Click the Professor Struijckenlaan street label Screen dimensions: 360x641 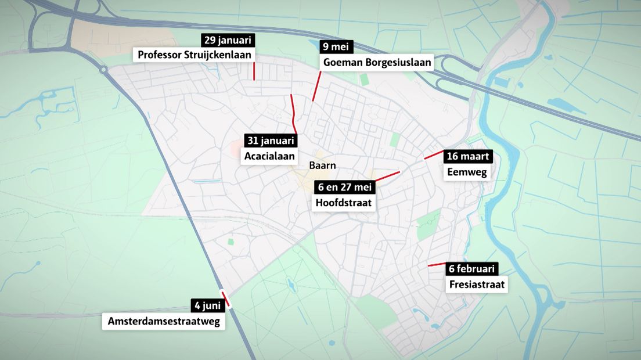(x=195, y=55)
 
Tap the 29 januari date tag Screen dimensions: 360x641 (x=228, y=40)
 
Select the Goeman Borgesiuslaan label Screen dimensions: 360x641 (x=377, y=62)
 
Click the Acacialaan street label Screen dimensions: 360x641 (x=269, y=156)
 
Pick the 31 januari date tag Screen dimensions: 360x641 (x=270, y=141)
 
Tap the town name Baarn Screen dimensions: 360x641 (x=322, y=165)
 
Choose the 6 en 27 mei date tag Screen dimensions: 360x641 (x=345, y=187)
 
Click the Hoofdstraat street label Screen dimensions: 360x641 (x=343, y=203)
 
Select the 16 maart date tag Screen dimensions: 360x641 (x=469, y=156)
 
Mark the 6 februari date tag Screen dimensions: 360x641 (x=471, y=269)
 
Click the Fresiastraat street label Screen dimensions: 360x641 (x=477, y=285)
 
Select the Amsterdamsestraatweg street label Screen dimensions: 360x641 (x=164, y=321)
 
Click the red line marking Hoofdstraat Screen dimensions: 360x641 (x=388, y=176)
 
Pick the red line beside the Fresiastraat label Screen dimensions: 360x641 (x=437, y=265)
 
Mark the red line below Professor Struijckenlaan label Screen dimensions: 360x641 (x=254, y=71)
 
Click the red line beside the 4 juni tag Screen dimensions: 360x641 (x=226, y=298)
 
